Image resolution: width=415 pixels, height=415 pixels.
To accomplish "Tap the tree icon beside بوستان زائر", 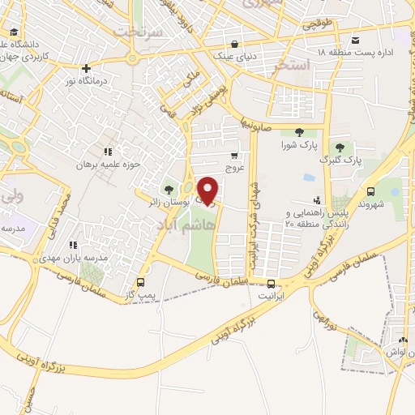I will [x=169, y=188].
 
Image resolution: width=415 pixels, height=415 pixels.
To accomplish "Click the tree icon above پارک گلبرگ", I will [x=338, y=147].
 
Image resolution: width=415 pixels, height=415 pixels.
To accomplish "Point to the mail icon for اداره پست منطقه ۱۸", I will [x=355, y=40].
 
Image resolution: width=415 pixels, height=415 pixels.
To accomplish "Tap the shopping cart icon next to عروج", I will [x=234, y=156].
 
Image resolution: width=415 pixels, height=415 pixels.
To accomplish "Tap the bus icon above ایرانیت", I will [x=272, y=284].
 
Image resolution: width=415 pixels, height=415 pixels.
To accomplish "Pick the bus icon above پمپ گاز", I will [x=142, y=283].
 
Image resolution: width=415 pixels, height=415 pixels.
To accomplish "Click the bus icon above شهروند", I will [x=371, y=191].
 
